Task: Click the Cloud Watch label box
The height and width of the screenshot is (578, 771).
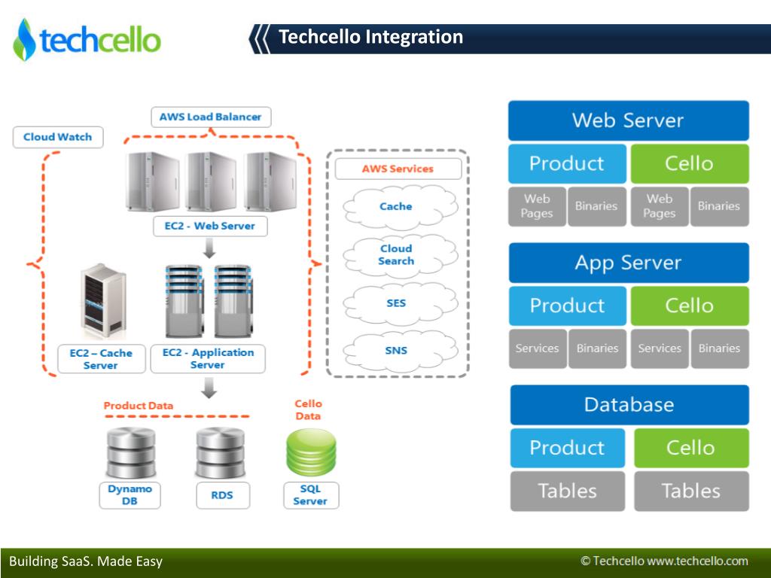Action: coord(58,137)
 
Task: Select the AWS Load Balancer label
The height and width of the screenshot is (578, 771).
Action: coord(210,117)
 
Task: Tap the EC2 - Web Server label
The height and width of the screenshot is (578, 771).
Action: coord(209,226)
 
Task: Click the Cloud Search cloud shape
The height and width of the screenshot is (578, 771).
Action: coord(397,254)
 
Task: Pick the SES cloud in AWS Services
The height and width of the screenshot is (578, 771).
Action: coord(397,303)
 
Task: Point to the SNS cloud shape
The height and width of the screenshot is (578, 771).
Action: coord(397,350)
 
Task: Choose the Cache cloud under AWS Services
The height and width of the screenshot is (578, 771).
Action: coord(397,206)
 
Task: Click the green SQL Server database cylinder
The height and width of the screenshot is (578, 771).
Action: coord(310,452)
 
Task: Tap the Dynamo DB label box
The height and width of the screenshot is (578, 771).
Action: coord(130,494)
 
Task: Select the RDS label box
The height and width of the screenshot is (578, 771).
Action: coord(221,495)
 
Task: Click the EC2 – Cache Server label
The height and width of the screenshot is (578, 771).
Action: coord(101,359)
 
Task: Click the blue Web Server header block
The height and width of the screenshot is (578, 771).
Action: coord(628,120)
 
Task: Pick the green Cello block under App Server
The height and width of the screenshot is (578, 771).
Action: coord(689,306)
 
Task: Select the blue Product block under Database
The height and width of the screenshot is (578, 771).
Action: coord(567,448)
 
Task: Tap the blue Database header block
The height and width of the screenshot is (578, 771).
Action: coord(629,405)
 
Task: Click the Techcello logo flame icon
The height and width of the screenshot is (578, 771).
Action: coord(24,39)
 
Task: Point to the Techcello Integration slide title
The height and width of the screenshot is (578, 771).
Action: coord(370,37)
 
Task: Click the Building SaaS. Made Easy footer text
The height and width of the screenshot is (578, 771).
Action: coord(86,561)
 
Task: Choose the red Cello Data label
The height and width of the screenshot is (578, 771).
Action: coord(308,410)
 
